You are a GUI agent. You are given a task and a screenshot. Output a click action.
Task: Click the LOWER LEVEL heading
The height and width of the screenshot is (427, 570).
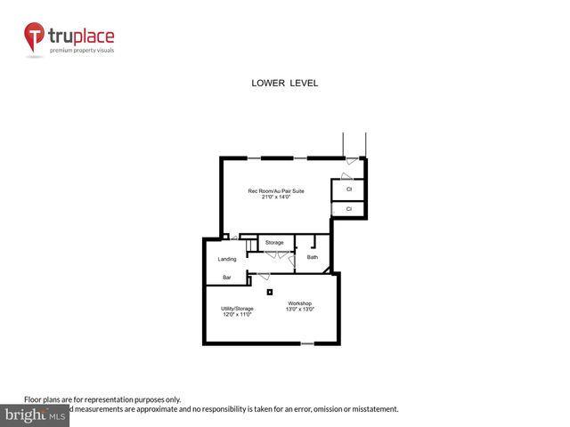[285, 83]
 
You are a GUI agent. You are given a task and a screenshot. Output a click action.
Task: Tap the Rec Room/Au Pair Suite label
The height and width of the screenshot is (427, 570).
[276, 190]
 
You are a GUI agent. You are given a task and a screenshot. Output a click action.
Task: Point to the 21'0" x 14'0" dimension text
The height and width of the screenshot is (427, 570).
[276, 197]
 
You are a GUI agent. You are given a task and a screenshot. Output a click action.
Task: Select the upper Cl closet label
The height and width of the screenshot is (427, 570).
[349, 189]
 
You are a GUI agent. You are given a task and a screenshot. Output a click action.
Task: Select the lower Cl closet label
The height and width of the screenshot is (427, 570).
[349, 209]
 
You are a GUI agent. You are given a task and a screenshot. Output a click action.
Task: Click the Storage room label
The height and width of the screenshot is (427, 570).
[274, 242]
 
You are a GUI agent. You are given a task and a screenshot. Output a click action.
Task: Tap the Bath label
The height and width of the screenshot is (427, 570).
[313, 257]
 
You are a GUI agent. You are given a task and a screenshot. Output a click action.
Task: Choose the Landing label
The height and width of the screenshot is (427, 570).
[227, 259]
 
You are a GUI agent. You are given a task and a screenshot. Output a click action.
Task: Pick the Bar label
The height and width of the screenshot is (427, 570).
[227, 278]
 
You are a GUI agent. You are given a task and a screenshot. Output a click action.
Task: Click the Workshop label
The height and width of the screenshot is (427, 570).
[298, 303]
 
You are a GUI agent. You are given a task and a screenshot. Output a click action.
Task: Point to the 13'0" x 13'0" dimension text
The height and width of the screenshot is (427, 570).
[300, 310]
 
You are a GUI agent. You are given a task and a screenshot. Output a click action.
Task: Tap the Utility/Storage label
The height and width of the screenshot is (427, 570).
[238, 309]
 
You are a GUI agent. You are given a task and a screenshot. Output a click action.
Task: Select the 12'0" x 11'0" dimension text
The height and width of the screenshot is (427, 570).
[238, 315]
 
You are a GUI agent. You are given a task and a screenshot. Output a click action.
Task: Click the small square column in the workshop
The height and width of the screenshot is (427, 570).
[269, 290]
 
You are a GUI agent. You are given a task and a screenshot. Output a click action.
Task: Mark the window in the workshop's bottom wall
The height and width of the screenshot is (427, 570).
[307, 343]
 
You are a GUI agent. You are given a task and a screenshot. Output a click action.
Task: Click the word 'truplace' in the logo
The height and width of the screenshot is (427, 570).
[83, 37]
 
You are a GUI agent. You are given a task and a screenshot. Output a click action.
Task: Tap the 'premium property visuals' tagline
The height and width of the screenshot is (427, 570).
[81, 50]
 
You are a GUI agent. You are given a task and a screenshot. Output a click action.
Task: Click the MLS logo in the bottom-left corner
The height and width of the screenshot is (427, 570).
[35, 416]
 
